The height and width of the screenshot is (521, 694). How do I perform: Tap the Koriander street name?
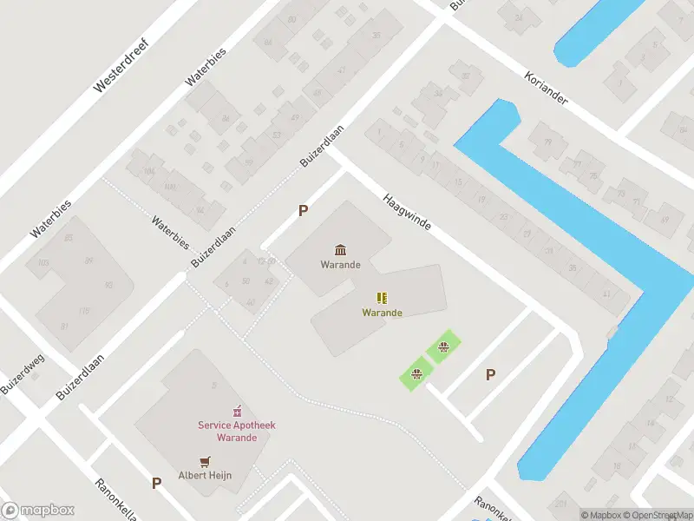pyautogui.click(x=546, y=88)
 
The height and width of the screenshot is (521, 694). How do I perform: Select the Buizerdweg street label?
pyautogui.click(x=23, y=374)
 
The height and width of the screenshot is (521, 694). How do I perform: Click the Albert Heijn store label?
pyautogui.click(x=205, y=475)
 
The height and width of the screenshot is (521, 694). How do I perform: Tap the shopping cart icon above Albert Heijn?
pyautogui.click(x=205, y=461)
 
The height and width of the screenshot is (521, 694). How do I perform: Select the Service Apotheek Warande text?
pyautogui.click(x=236, y=431)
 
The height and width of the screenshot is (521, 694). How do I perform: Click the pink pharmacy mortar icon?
pyautogui.click(x=235, y=411)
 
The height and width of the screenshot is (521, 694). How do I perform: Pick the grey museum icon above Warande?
pyautogui.click(x=340, y=250)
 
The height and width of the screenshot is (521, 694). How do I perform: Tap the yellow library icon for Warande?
pyautogui.click(x=382, y=298)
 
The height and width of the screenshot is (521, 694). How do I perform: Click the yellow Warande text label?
pyautogui.click(x=382, y=313)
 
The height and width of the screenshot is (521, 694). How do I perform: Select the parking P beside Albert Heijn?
pyautogui.click(x=156, y=483)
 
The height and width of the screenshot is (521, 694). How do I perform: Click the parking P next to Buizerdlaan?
pyautogui.click(x=303, y=210)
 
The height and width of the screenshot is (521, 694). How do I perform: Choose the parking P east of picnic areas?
pyautogui.click(x=490, y=374)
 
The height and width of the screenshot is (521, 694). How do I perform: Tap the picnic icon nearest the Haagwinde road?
pyautogui.click(x=443, y=349)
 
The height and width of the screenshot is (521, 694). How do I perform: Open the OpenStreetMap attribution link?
pyautogui.click(x=660, y=515)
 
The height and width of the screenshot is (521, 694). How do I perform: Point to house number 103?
pyautogui.click(x=44, y=261)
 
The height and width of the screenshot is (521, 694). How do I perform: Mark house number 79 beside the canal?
pyautogui.click(x=547, y=142)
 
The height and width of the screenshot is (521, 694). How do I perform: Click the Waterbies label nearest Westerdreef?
pyautogui.click(x=206, y=66)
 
